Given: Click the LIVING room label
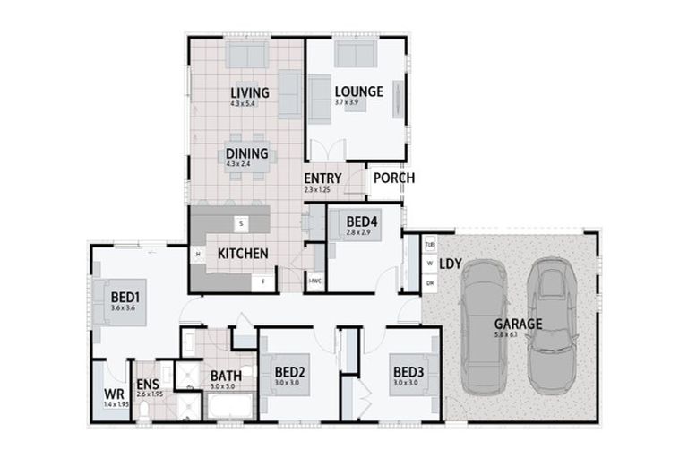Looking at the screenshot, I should (x=249, y=92).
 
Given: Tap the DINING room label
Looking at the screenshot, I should (x=247, y=153).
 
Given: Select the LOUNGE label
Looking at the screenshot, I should (x=358, y=91).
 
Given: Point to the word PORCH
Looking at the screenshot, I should (x=394, y=178).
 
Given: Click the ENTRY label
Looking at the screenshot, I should (x=322, y=178).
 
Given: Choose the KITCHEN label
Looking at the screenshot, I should (x=242, y=254).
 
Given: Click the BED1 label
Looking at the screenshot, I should (x=125, y=296).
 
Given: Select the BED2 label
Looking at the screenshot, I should (x=290, y=372).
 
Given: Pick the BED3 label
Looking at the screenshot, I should (x=408, y=372).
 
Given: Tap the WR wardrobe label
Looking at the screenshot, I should (x=114, y=394).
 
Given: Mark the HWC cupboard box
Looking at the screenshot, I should (x=314, y=281).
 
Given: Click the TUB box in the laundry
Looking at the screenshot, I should (x=429, y=244).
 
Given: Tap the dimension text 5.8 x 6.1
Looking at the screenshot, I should (x=506, y=334).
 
